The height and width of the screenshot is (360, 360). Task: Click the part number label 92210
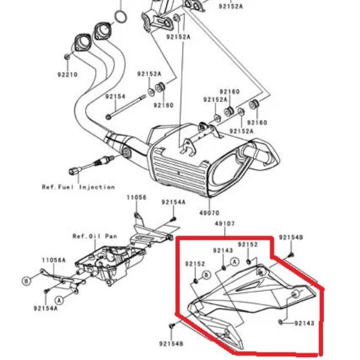coord(67,75)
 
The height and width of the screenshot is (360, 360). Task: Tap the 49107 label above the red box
coord(225,224)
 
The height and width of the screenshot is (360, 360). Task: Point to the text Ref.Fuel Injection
coord(78,187)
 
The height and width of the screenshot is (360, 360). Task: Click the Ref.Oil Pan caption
coord(94,236)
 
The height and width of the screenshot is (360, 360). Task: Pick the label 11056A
coord(54,260)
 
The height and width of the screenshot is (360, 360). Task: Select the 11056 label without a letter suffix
coord(137,197)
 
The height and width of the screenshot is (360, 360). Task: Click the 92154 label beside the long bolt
coord(115,97)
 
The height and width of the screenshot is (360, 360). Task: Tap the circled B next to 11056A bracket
coord(26,280)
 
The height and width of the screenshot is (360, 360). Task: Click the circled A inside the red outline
coord(234,262)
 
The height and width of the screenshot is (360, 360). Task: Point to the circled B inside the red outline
coord(207,275)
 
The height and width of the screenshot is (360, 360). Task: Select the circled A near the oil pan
coord(60,299)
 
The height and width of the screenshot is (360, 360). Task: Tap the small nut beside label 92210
coord(68,56)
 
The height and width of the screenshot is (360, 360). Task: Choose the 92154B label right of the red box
coord(291,238)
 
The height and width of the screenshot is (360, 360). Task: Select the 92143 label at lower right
coord(304,323)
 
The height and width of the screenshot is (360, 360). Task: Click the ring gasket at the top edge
coord(119,17)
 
